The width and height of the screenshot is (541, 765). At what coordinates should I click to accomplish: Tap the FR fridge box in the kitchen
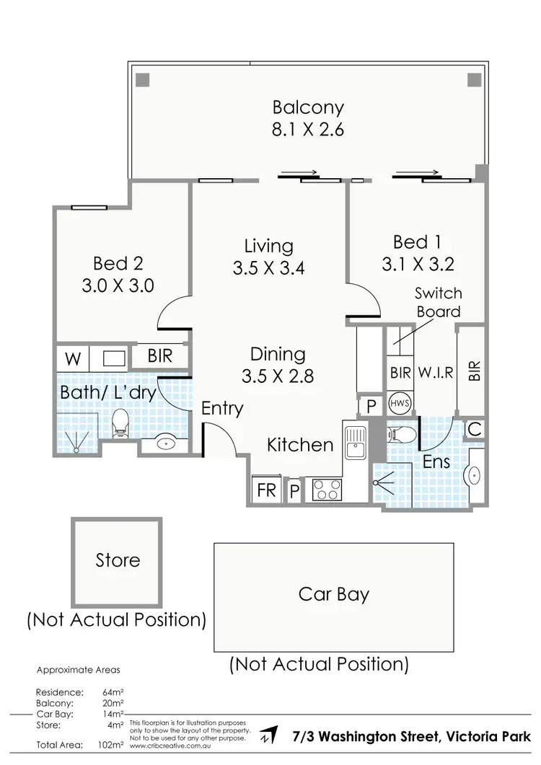pos(266,490)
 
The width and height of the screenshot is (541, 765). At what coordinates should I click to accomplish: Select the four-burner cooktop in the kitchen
pos(327,490)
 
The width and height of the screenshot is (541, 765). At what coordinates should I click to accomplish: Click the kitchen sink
pos(356,442)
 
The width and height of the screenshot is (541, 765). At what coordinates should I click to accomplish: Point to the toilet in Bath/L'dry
pos(120,423)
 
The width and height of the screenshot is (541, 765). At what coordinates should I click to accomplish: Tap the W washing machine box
pos(74,357)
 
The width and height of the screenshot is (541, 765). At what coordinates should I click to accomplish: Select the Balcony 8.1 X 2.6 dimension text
pos(308,131)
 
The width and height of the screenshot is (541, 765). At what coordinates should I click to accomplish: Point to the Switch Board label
pos(438,302)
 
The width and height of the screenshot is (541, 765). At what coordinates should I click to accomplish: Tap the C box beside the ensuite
pos(474,429)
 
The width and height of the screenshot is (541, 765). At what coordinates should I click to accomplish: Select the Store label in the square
pos(118,560)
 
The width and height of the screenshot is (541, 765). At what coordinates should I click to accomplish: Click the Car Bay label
pos(334,594)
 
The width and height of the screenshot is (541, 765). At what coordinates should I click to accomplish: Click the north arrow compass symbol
pos(270,736)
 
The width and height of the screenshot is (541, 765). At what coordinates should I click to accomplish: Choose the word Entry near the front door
pos(222,408)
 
